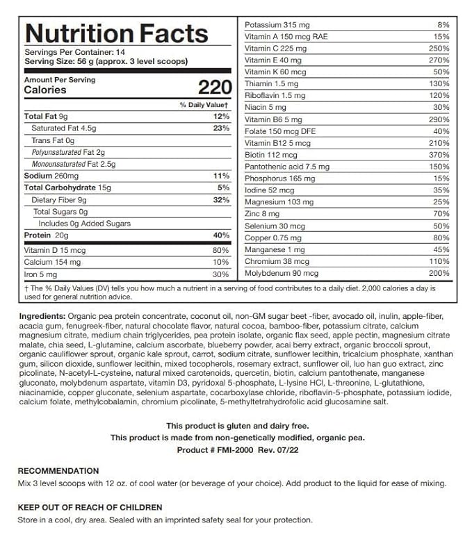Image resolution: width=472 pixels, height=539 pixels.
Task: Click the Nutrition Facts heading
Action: (x=116, y=33)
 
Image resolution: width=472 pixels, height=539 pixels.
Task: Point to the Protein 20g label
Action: (x=45, y=235)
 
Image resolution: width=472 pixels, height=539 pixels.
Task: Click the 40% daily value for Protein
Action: (x=221, y=235)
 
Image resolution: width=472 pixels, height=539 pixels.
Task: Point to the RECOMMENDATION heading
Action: (x=58, y=471)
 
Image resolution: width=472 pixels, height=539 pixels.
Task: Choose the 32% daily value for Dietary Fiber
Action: (x=221, y=199)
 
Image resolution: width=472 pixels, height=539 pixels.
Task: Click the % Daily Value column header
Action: (x=204, y=104)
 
